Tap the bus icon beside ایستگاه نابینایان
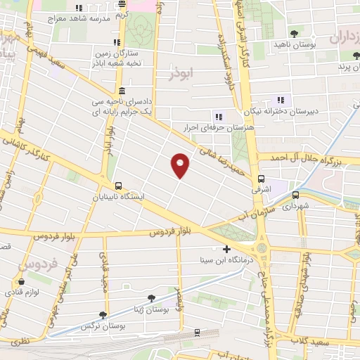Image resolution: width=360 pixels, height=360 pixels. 117,186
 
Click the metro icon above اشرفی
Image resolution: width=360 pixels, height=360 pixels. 261,179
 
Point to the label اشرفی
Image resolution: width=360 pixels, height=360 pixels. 261,190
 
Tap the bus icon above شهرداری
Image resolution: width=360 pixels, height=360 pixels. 295,195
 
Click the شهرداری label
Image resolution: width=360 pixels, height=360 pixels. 295,207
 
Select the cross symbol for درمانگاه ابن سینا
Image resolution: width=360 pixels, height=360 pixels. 226,249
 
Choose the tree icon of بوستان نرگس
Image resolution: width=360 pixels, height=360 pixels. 103,316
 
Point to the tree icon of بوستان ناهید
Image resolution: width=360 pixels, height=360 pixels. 294,33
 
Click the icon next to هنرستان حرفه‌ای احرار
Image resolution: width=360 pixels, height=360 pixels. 219,117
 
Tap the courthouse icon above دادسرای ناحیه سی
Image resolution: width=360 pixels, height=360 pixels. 122,91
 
